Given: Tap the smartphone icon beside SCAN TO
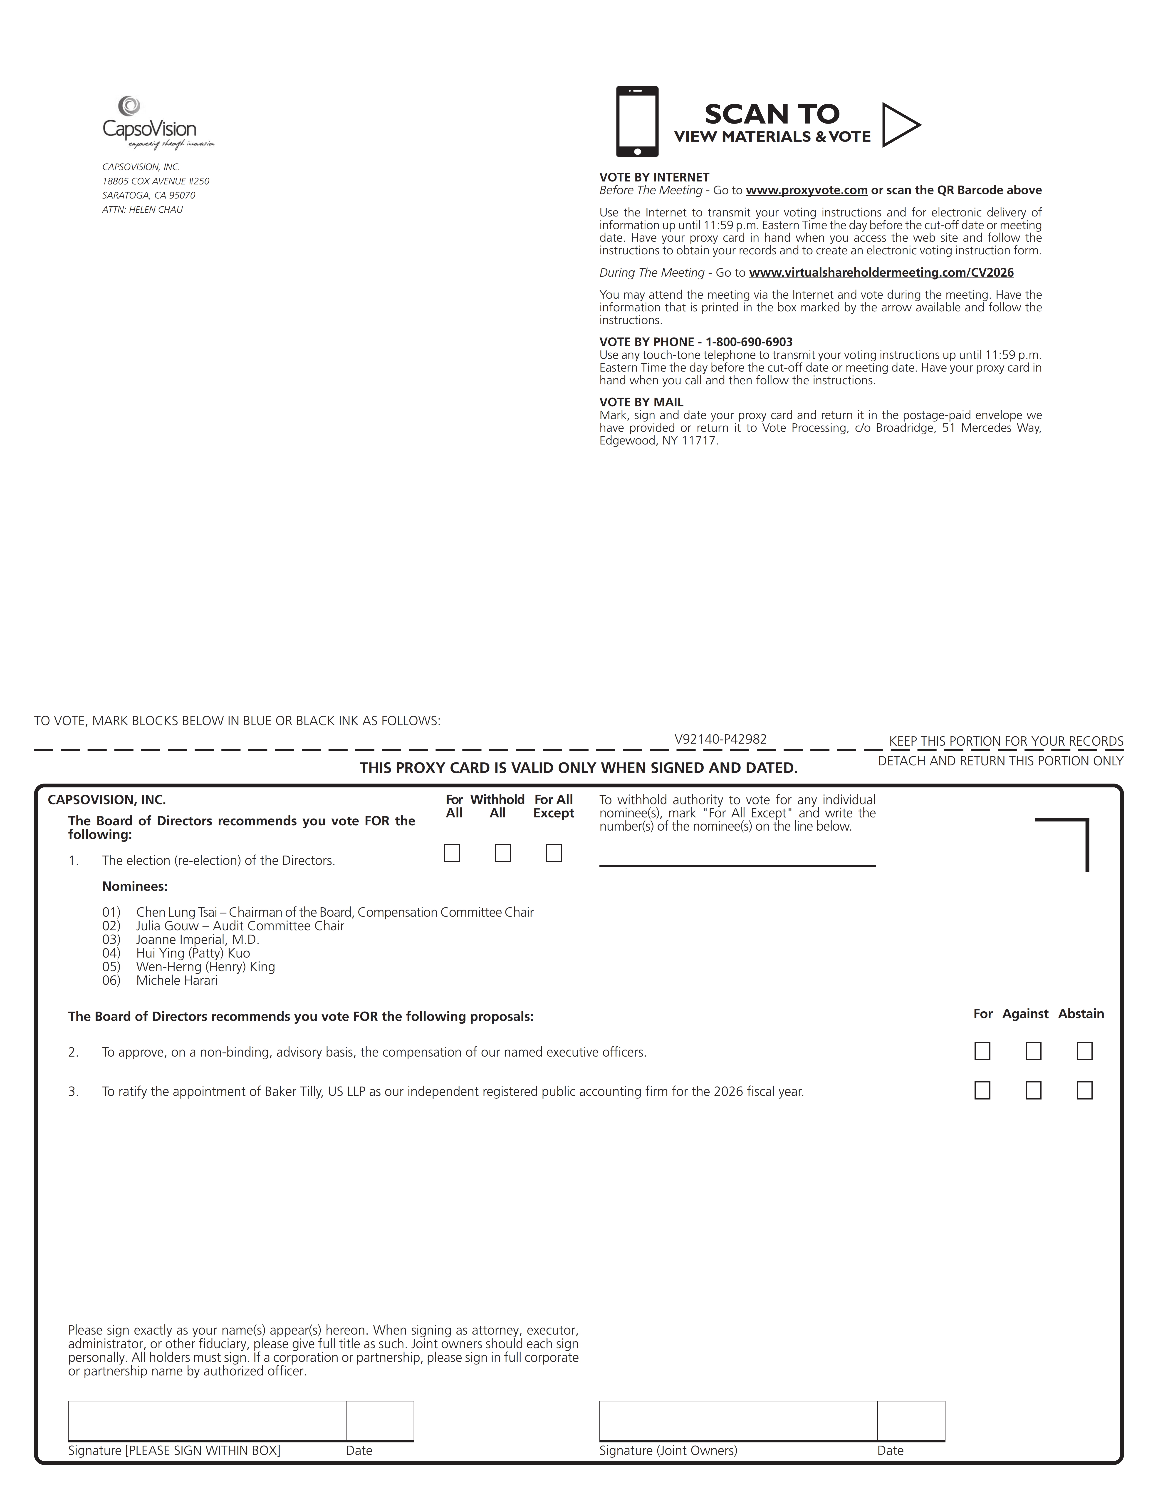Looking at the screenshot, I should click(637, 122).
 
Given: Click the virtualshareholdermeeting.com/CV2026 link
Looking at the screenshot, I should click(881, 273).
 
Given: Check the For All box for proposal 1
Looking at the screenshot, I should click(451, 853).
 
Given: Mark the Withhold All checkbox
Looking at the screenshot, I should click(503, 853).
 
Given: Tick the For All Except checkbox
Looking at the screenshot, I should click(554, 853).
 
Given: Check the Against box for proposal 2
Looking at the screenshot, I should click(1033, 1051).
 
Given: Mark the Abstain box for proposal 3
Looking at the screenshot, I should click(1084, 1091).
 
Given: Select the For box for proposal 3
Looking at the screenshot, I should click(982, 1091).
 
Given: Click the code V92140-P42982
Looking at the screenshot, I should click(720, 739).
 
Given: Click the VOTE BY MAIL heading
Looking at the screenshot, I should click(641, 402).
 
